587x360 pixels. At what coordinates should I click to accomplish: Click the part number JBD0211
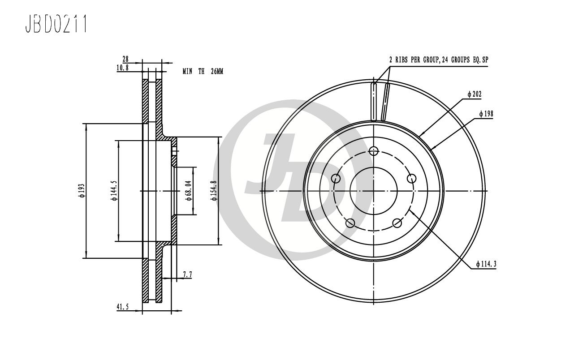click(x=56, y=24)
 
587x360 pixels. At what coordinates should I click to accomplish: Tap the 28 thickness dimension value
click(x=125, y=59)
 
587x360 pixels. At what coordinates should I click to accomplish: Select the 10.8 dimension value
click(x=123, y=68)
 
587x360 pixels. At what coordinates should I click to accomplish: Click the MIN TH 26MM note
click(x=203, y=71)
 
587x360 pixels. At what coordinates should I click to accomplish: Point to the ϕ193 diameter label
click(x=82, y=191)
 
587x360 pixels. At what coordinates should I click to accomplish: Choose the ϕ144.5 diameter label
click(x=115, y=191)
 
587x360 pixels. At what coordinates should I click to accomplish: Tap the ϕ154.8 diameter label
click(x=214, y=191)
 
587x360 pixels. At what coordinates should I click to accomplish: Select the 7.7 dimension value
click(x=188, y=274)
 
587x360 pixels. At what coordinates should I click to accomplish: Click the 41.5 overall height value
click(x=123, y=307)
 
